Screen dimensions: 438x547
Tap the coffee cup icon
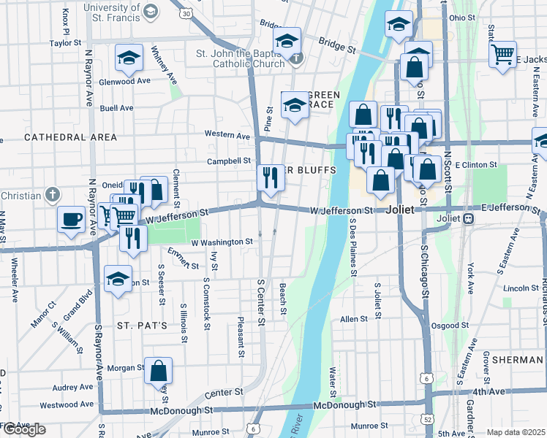pyautogui.click(x=72, y=220)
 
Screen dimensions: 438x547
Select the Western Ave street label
pyautogui.click(x=227, y=134)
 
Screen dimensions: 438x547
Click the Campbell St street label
pyautogui.click(x=229, y=161)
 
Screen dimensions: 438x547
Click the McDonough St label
pyautogui.click(x=344, y=404)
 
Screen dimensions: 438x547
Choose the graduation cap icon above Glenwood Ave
pyautogui.click(x=129, y=58)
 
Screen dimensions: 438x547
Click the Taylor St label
pyautogui.click(x=64, y=43)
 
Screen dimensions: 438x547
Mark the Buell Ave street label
pyautogui.click(x=117, y=108)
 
